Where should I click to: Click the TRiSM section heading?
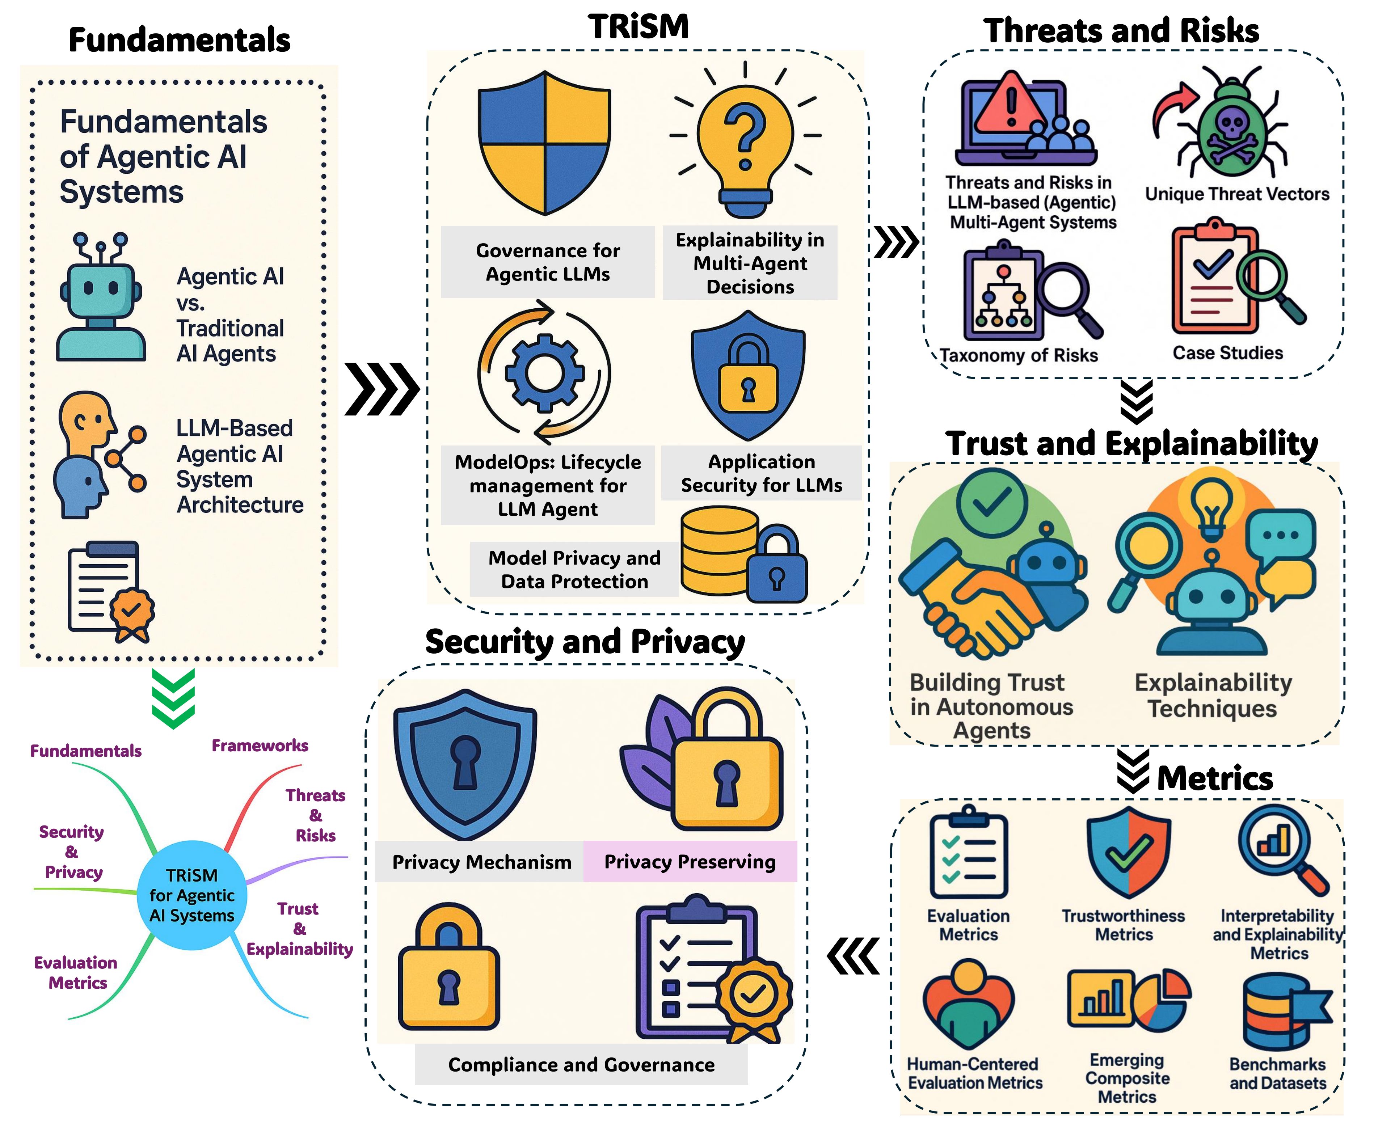[x=638, y=27]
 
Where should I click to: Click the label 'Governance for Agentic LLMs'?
[x=548, y=262]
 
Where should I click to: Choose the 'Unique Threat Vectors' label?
[x=1237, y=194]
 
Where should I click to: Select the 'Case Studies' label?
[x=1227, y=353]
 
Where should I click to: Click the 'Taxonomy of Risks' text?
[x=1019, y=355]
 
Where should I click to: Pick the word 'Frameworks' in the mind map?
[x=260, y=745]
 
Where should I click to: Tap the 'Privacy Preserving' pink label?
[x=690, y=861]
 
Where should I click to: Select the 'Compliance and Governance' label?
[x=581, y=1065]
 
